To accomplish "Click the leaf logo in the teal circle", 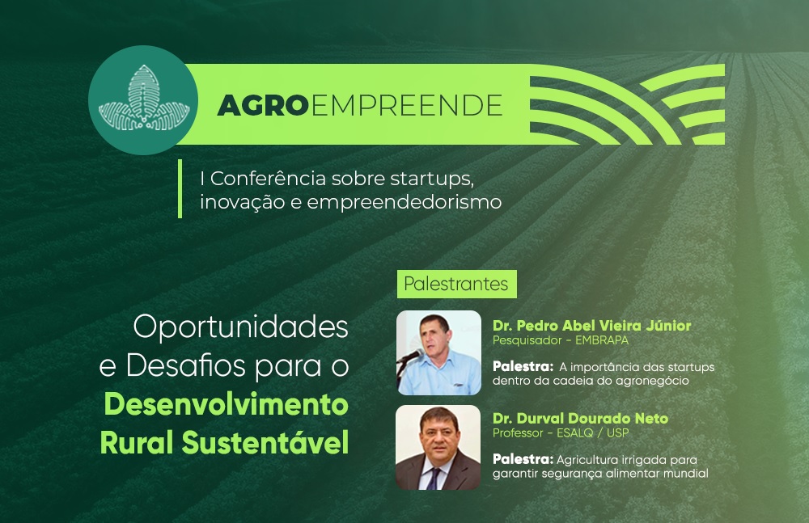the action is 144,98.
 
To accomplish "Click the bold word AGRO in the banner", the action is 263,106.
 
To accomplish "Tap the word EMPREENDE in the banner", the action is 407,106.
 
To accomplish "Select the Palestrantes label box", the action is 456,284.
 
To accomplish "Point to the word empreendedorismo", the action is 404,201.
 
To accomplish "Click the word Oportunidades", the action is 240,327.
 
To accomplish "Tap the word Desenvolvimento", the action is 226,404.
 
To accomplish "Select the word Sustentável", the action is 265,442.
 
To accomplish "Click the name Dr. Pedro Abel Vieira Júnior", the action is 592,326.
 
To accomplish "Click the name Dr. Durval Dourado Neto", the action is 580,418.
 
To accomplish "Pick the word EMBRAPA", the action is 602,340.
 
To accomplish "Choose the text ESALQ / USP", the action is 592,433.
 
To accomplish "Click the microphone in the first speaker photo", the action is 411,356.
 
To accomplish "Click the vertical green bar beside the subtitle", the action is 180,188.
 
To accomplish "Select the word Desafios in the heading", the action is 186,365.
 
